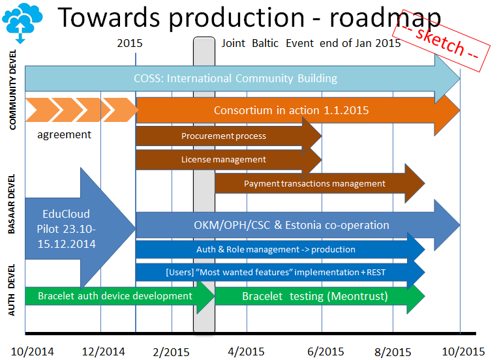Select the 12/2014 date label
103,350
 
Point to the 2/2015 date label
171,351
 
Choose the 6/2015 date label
324,351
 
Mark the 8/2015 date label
393,351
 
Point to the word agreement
64,135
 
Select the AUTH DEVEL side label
12,291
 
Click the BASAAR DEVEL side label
12,212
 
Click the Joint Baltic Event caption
311,44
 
